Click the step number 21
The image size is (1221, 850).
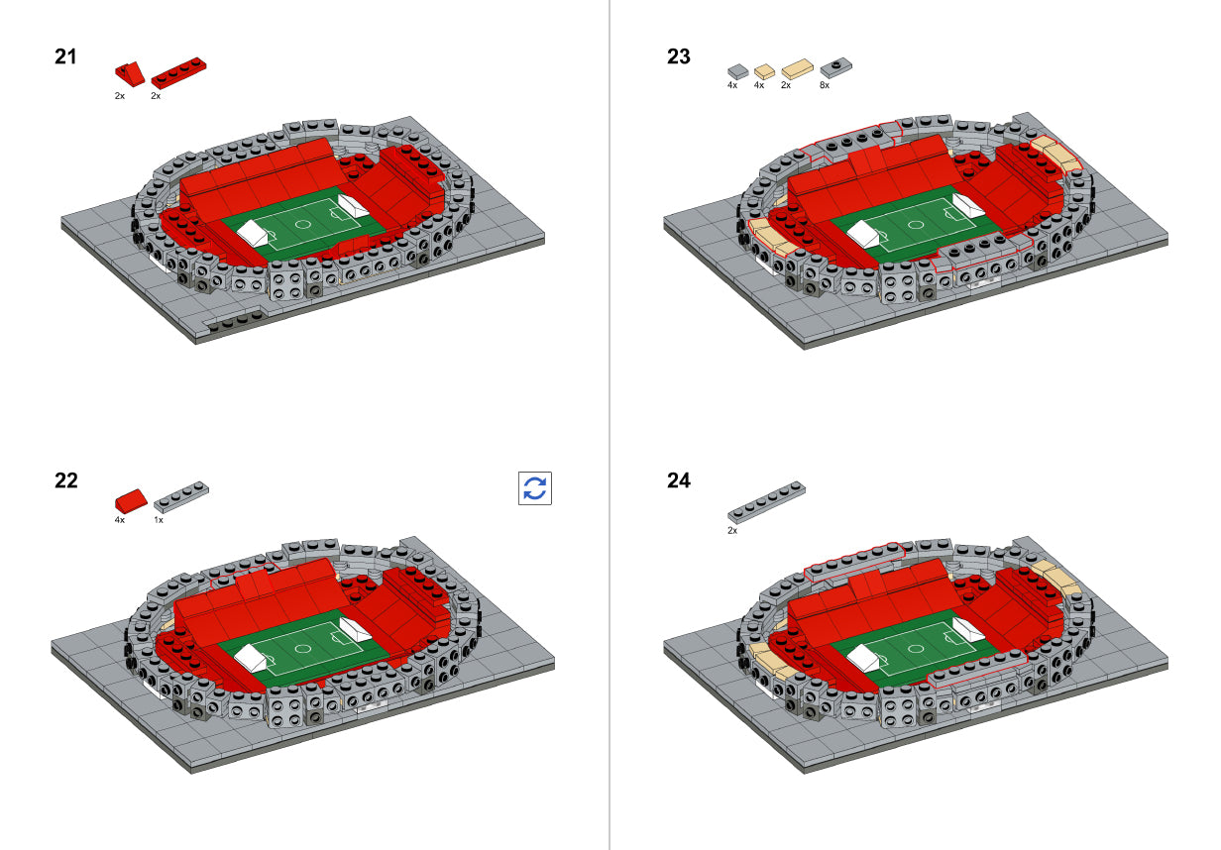pyautogui.click(x=65, y=56)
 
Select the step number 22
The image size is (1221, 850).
pyautogui.click(x=65, y=481)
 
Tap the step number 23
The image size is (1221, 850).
pyautogui.click(x=678, y=56)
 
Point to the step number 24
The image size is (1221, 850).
pyautogui.click(x=678, y=481)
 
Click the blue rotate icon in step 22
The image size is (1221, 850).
pyautogui.click(x=535, y=488)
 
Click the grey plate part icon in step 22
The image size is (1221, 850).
pyautogui.click(x=181, y=494)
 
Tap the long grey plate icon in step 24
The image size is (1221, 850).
pyautogui.click(x=766, y=502)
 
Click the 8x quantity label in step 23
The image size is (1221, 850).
pyautogui.click(x=825, y=86)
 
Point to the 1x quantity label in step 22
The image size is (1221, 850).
pyautogui.click(x=159, y=519)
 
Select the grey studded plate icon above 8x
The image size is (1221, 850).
pyautogui.click(x=835, y=67)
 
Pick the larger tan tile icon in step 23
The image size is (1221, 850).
pyautogui.click(x=797, y=69)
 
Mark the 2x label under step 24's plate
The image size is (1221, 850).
pyautogui.click(x=732, y=531)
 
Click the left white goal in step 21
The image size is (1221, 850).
pyautogui.click(x=254, y=235)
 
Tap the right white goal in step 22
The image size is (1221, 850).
pyautogui.click(x=354, y=629)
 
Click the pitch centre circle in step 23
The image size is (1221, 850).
pyautogui.click(x=917, y=223)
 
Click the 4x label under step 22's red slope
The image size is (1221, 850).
pyautogui.click(x=119, y=519)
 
